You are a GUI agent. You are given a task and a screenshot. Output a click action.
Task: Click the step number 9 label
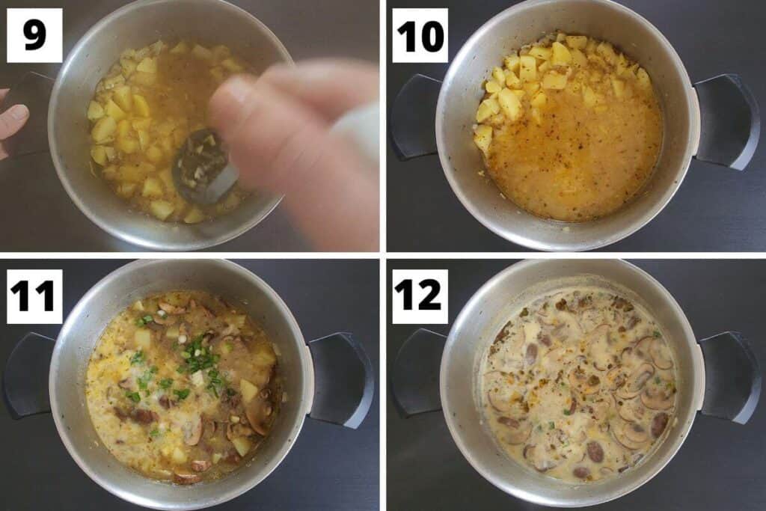tap(34, 35)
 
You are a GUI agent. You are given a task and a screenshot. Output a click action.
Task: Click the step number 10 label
tap(420, 35)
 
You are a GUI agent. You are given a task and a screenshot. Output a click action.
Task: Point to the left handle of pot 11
tap(28, 374)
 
